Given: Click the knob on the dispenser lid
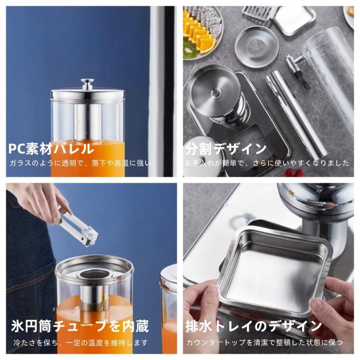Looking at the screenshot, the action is [87, 84].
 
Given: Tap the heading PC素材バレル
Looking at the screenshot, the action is [51, 149].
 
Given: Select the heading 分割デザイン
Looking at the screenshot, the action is [226, 149].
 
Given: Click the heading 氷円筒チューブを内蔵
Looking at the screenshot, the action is [80, 326].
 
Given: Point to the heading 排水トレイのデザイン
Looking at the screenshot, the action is [254, 326].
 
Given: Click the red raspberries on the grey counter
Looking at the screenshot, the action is [294, 172].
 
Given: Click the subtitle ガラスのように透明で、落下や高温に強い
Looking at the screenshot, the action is [80, 164].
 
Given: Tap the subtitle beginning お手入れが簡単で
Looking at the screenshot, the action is [267, 163].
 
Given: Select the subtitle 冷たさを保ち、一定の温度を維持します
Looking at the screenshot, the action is [80, 343].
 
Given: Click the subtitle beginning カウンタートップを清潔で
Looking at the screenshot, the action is [264, 343].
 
